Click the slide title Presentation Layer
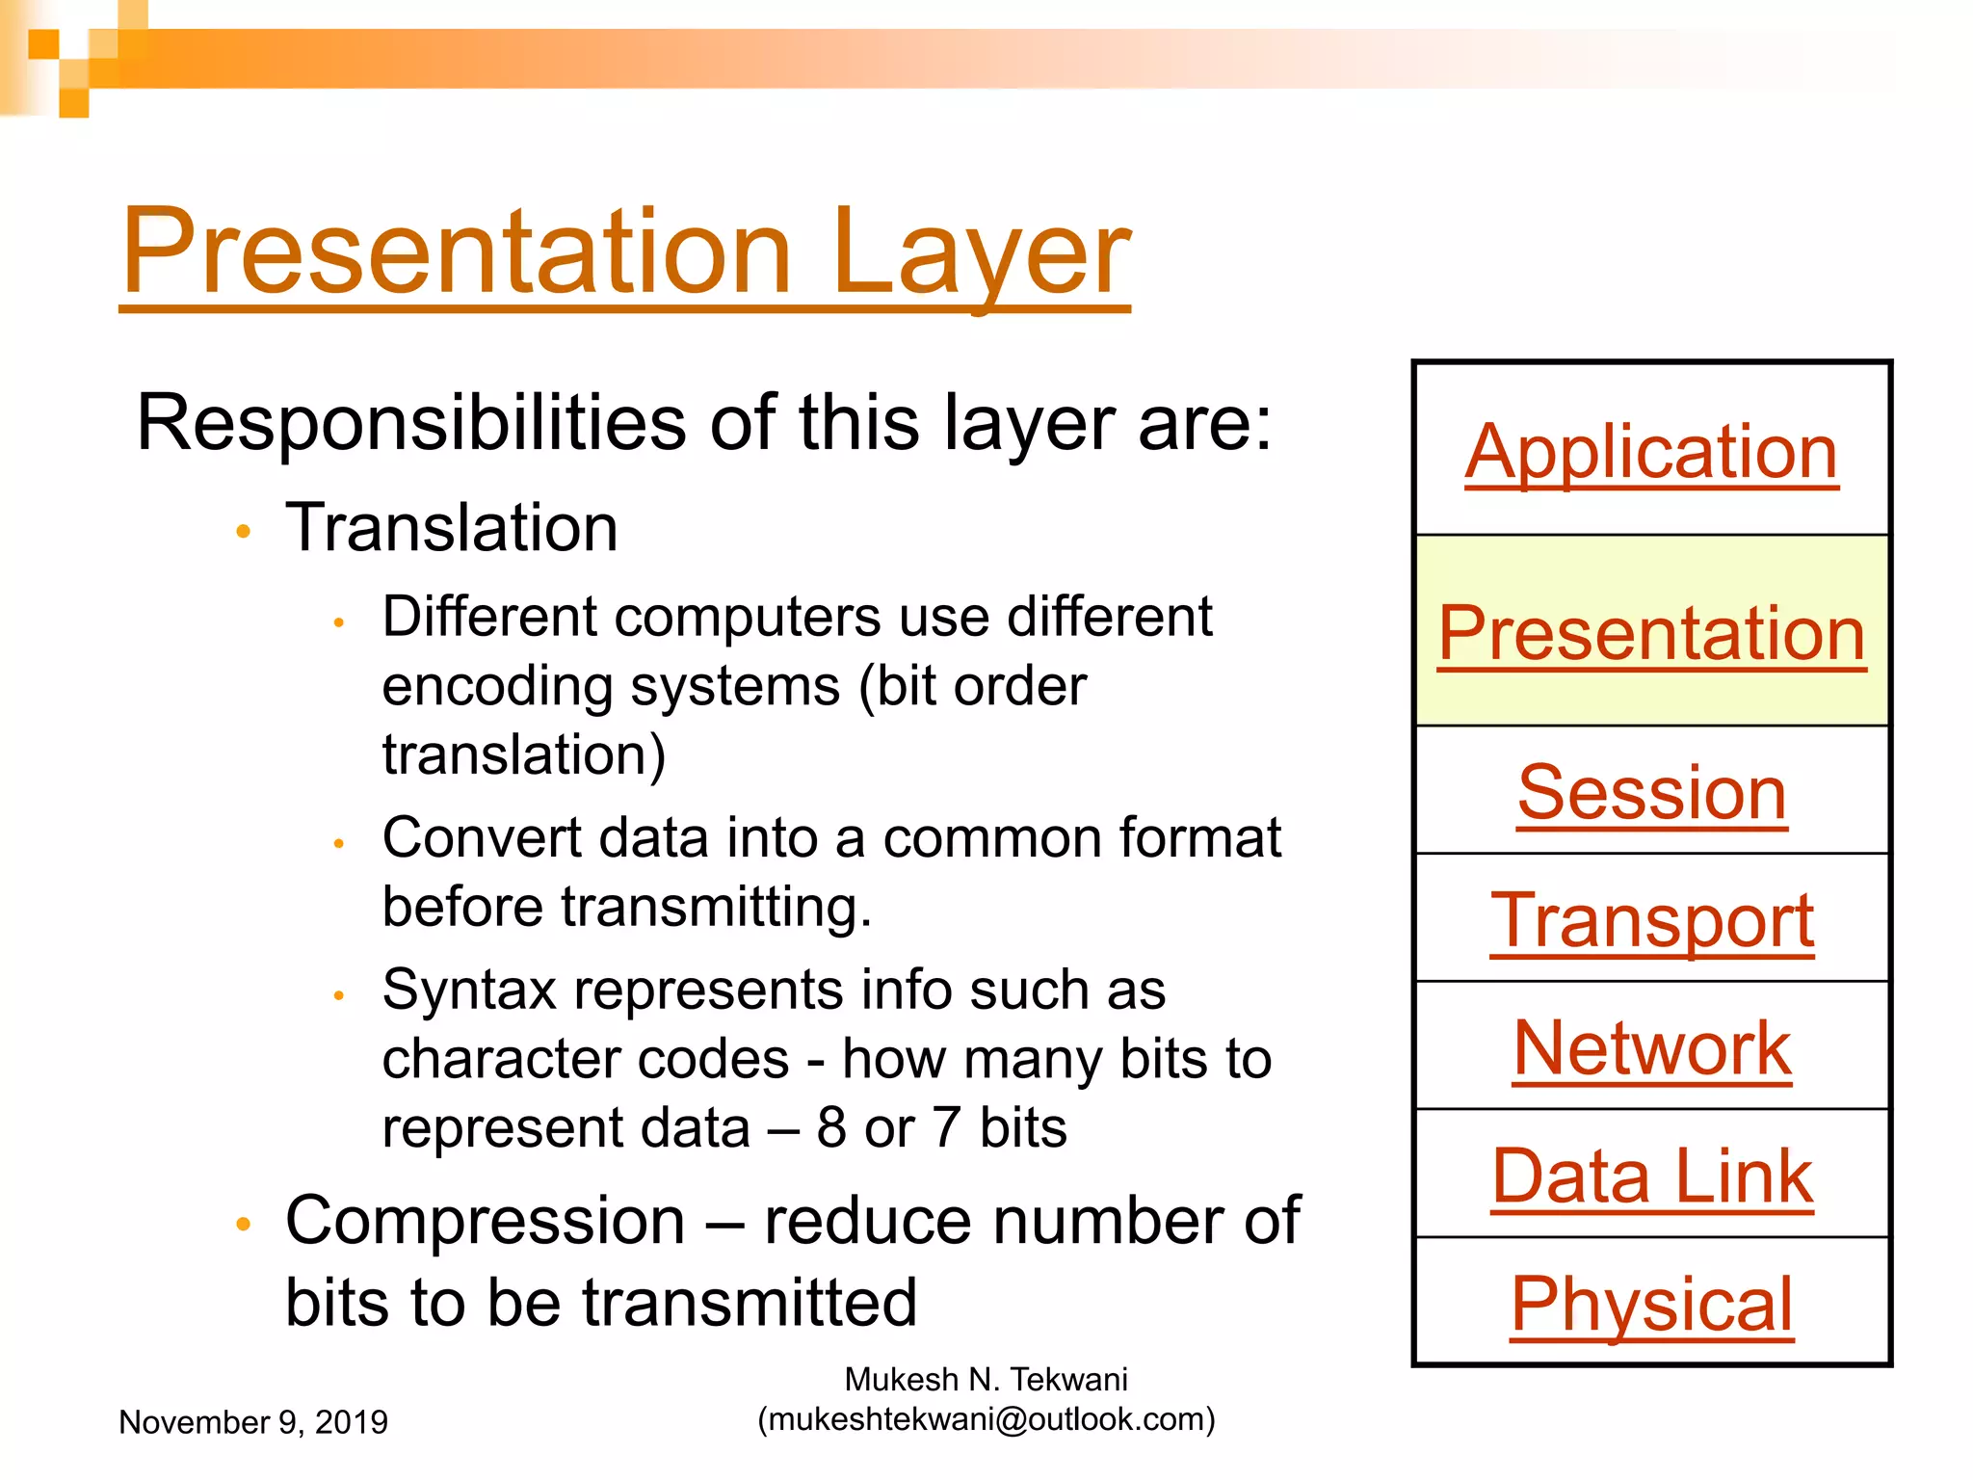624,252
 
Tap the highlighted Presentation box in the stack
1651,632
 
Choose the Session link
1651,792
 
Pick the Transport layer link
1651,920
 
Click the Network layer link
1651,1048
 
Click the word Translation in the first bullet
451,528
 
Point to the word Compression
485,1222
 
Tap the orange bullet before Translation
244,531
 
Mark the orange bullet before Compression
244,1224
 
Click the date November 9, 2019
252,1422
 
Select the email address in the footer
986,1419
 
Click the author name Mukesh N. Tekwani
986,1379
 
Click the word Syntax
469,991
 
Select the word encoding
497,687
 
